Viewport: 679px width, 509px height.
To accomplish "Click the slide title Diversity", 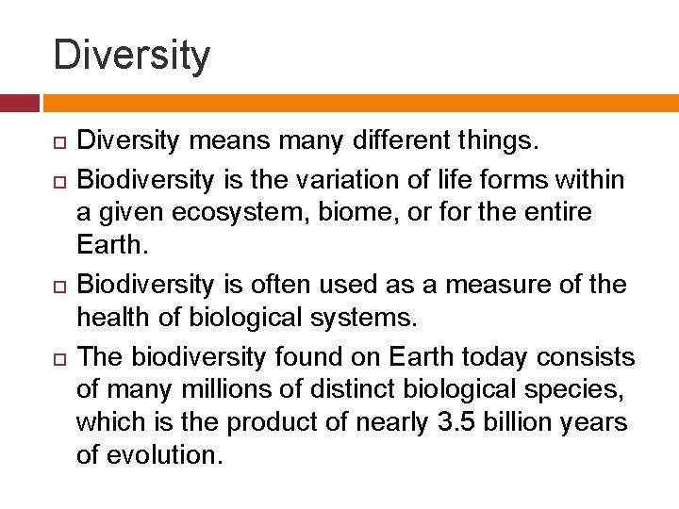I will (132, 55).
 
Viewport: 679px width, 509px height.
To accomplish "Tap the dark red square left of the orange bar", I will (20, 103).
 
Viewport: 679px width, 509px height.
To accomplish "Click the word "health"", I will (115, 319).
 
